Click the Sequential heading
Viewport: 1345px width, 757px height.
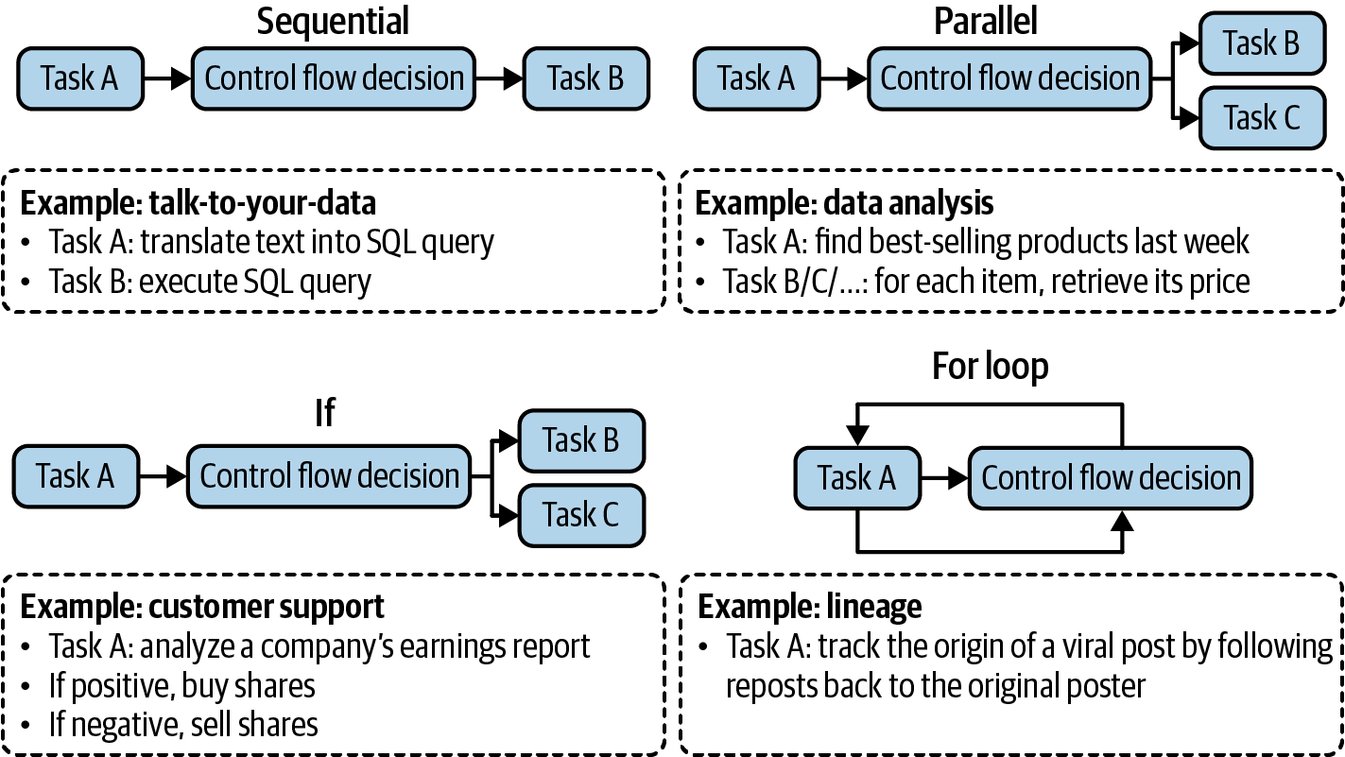[x=333, y=21]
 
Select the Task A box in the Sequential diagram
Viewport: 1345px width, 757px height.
[x=79, y=77]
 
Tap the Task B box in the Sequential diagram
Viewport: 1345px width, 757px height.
[x=586, y=77]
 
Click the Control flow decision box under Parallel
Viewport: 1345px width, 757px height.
[x=1010, y=77]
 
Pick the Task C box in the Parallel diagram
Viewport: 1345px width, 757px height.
[x=1262, y=118]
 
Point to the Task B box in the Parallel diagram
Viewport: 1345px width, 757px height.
[x=1262, y=43]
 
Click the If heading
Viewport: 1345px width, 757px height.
[x=324, y=412]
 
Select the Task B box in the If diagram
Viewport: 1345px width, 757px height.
[x=581, y=439]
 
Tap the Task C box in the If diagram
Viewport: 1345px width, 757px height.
[x=581, y=515]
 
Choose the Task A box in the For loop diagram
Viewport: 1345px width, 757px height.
[x=856, y=477]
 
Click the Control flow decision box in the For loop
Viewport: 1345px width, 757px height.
[x=1111, y=477]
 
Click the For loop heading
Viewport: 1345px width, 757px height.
[x=990, y=366]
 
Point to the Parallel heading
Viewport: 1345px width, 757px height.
[x=986, y=21]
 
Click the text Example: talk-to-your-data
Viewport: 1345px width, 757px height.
[x=198, y=203]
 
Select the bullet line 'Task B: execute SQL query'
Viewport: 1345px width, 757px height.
[x=210, y=281]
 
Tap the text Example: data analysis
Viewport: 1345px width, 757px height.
[x=845, y=203]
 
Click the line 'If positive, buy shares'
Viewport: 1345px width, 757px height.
[x=181, y=684]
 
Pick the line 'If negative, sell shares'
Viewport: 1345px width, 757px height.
[x=183, y=724]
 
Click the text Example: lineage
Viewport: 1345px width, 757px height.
[x=809, y=606]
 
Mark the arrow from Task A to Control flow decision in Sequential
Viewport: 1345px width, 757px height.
[x=166, y=78]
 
